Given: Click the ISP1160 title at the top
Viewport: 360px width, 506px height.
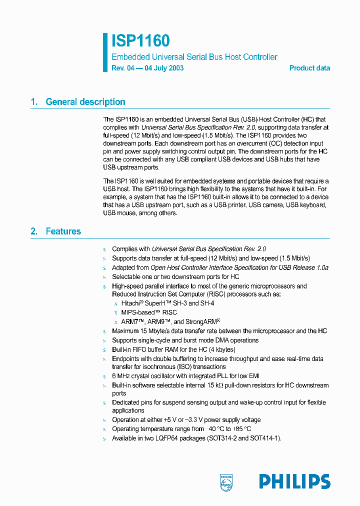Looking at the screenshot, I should point(140,41).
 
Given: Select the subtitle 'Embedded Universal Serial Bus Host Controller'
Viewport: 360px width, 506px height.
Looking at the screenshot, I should point(194,57).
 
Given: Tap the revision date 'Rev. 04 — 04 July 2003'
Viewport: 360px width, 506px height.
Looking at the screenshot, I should point(147,68).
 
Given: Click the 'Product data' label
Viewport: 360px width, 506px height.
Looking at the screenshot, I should point(309,68).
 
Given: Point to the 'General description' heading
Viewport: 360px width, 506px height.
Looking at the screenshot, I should point(85,102).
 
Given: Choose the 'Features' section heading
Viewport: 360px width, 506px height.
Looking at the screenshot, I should point(63,231).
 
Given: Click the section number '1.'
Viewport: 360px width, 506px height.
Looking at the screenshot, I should point(34,102).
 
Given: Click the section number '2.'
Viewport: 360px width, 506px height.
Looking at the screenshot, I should point(34,231).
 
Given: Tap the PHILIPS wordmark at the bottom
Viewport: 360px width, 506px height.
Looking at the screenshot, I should point(294,481).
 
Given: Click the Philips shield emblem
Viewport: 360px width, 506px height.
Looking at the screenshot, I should point(226,481).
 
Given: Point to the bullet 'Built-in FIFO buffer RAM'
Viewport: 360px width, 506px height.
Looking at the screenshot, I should point(173,349).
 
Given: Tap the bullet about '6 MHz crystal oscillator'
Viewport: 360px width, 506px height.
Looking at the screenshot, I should point(185,376).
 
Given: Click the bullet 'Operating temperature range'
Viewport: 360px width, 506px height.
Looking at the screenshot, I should point(181,429).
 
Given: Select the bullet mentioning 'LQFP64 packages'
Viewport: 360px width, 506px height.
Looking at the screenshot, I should point(196,438).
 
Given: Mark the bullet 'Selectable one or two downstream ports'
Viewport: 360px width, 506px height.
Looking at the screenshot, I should point(175,276).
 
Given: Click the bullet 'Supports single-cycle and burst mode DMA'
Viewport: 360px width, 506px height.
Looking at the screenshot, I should point(185,340).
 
